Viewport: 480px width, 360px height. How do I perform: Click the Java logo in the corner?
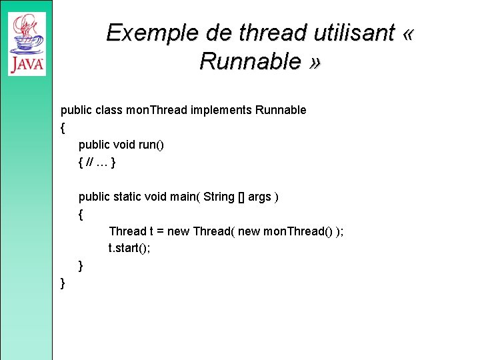point(27,45)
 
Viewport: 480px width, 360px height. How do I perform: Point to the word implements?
point(221,110)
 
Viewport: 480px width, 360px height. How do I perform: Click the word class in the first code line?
point(109,110)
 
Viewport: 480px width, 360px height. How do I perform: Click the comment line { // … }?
point(98,162)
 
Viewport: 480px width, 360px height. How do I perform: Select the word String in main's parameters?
point(219,197)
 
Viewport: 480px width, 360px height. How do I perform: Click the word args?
point(260,197)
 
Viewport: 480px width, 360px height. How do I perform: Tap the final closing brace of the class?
point(63,283)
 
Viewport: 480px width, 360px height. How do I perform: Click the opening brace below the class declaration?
point(63,127)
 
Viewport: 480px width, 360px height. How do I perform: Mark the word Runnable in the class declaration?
point(281,110)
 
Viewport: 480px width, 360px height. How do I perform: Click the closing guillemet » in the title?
point(315,61)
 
